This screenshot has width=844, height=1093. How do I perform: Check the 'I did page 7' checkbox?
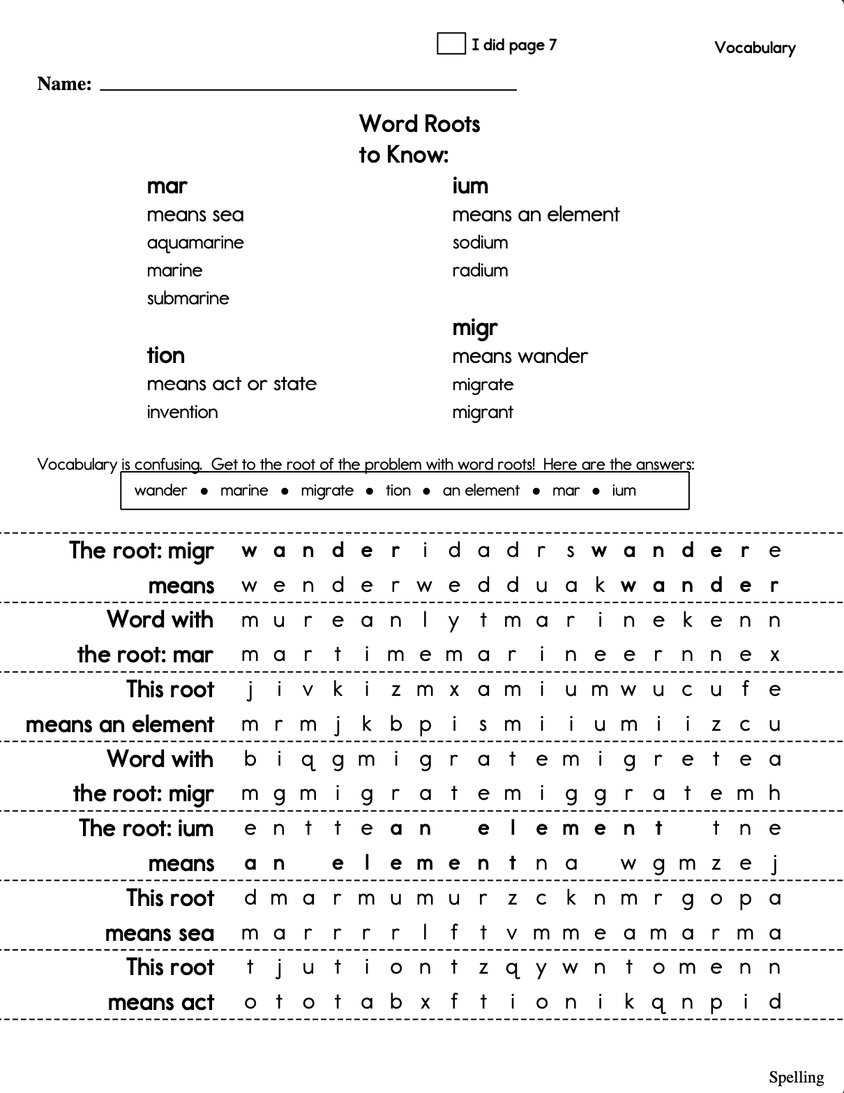[451, 43]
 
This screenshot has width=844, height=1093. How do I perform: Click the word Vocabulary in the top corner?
[755, 48]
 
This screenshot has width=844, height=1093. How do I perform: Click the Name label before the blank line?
[64, 84]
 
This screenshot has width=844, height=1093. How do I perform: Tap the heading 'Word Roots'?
[419, 124]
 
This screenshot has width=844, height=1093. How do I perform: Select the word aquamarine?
[195, 243]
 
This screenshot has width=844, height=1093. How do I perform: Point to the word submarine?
[188, 299]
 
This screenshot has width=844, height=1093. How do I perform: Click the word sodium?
[480, 243]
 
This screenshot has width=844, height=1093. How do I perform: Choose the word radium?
[480, 271]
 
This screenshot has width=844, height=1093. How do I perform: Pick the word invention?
[182, 412]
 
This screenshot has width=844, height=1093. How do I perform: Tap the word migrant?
[482, 412]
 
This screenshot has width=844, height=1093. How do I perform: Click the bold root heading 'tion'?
[165, 355]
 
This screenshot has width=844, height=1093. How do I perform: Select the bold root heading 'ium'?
[470, 186]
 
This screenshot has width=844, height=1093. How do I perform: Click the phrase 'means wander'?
[520, 357]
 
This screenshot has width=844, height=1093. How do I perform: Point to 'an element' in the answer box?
[481, 491]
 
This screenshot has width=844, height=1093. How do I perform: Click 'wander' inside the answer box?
[160, 491]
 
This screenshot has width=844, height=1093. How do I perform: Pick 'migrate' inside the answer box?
[327, 491]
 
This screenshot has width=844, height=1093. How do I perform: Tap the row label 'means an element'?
[119, 724]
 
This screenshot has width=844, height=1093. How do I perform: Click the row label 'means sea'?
[159, 933]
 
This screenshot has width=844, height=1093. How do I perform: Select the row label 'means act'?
[160, 1003]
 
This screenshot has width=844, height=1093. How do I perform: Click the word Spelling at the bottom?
[796, 1078]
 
